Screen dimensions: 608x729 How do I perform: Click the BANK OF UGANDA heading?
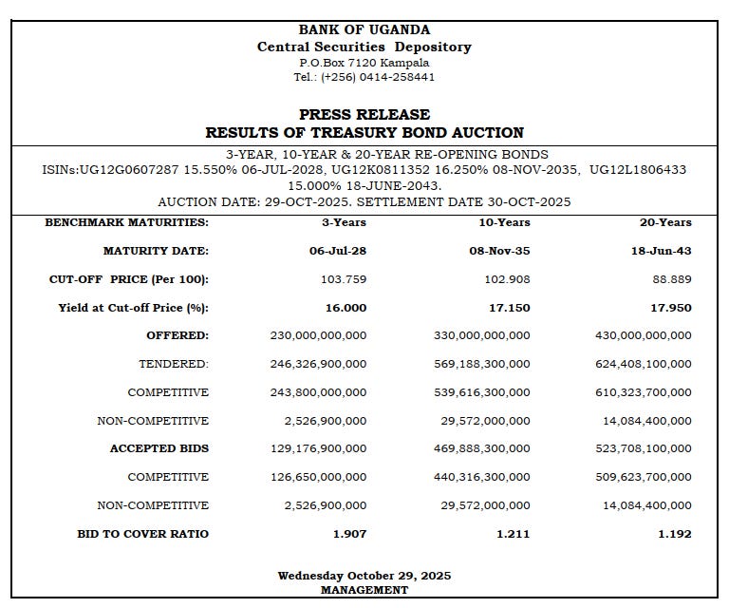364,29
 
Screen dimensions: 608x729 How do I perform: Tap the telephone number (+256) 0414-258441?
378,77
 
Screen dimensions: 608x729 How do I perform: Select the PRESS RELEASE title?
364,114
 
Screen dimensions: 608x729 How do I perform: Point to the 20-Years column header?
665,222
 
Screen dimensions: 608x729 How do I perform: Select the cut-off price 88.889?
672,279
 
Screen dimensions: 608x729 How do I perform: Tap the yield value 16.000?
345,308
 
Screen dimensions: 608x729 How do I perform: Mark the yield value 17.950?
670,308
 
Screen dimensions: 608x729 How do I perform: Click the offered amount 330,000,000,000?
481,335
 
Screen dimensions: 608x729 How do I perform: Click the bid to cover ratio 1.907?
349,534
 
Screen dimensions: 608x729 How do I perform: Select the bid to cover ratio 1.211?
513,534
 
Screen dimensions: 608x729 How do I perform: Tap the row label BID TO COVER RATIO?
142,534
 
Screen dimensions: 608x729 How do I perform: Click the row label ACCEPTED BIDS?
159,448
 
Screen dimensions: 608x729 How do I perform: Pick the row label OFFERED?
178,335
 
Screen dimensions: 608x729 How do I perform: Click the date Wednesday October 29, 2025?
364,576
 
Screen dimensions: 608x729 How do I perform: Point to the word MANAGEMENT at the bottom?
364,590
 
